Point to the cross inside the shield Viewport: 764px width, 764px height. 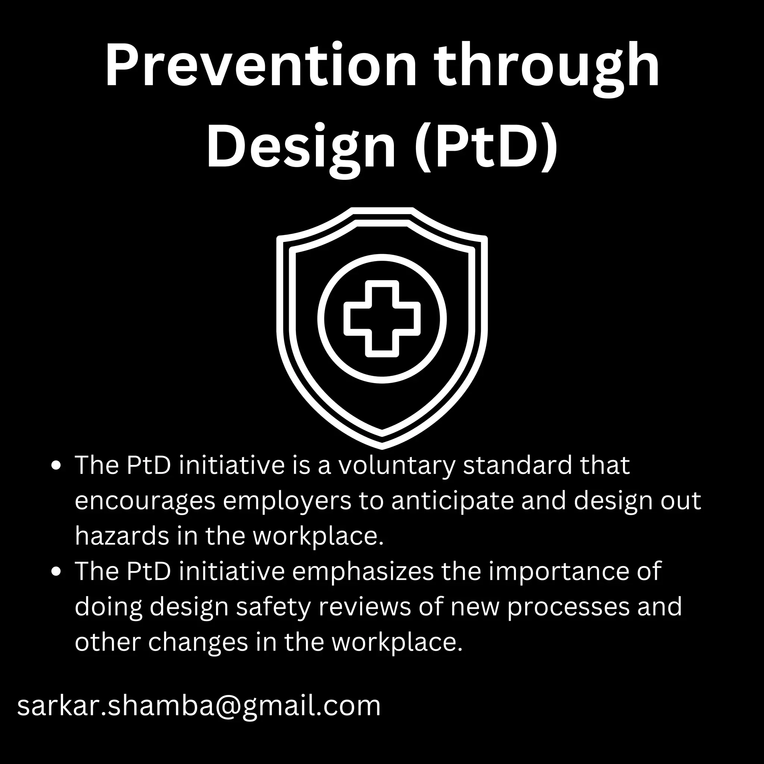382,318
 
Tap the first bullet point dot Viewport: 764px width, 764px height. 57,466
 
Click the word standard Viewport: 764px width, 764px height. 518,466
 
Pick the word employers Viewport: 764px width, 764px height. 287,501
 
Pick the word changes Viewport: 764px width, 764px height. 198,643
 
